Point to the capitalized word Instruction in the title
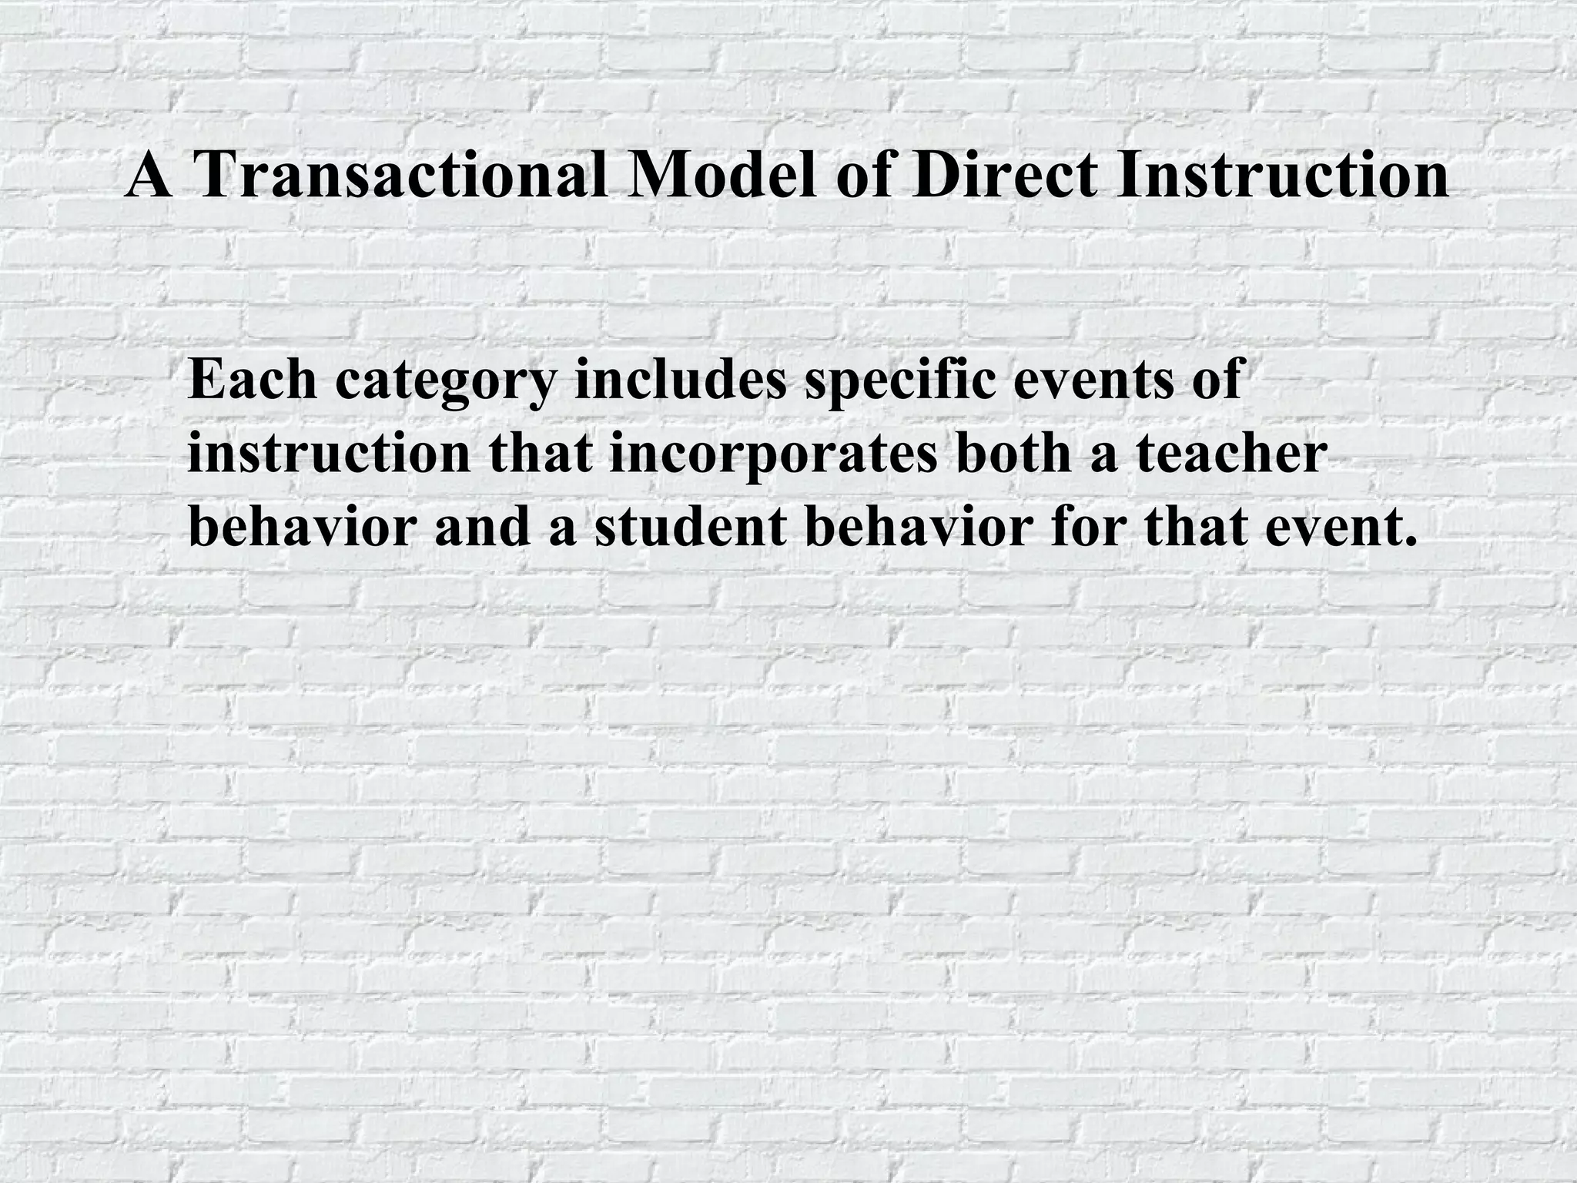1282,176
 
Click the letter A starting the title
149,176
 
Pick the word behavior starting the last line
303,528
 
